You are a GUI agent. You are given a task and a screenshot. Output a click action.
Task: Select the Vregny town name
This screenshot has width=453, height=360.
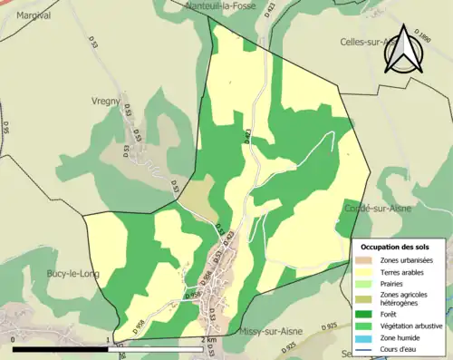click(106, 102)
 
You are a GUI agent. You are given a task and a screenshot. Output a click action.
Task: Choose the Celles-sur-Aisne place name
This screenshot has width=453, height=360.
click(367, 42)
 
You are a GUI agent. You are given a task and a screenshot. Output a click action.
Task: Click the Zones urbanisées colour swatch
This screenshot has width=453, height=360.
click(366, 261)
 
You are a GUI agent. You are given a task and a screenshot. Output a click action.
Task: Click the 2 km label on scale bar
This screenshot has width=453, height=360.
click(208, 341)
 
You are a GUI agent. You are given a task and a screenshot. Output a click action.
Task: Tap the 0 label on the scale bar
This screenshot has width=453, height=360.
click(13, 341)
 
